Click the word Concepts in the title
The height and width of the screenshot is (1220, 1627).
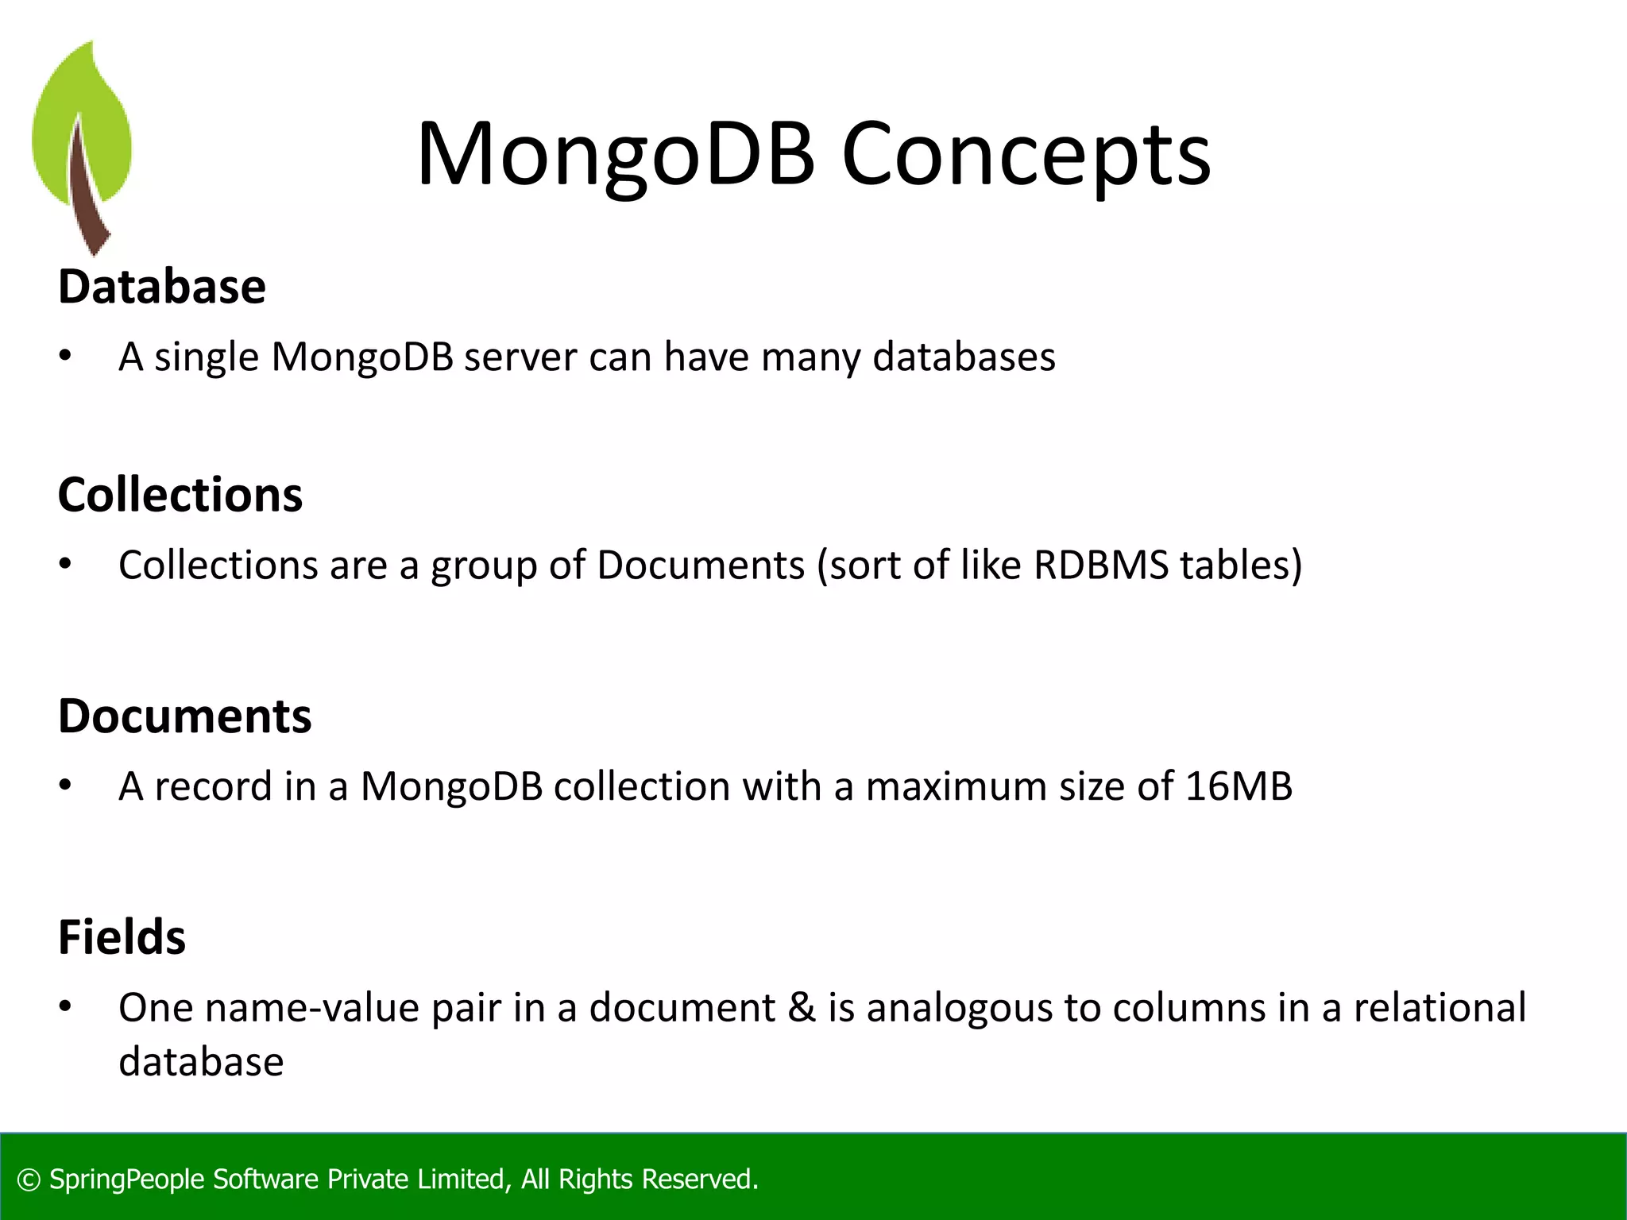1026,155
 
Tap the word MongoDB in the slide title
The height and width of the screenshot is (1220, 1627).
616,155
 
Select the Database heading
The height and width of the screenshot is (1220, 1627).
162,287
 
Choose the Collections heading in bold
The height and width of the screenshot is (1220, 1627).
180,495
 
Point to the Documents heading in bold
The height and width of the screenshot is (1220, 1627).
185,716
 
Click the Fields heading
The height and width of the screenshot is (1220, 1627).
122,936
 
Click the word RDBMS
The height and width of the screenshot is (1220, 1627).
1101,566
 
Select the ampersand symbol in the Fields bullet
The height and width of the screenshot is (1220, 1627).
802,1008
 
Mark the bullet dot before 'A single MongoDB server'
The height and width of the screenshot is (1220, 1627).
65,357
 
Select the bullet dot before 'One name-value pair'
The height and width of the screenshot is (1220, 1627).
65,1007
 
